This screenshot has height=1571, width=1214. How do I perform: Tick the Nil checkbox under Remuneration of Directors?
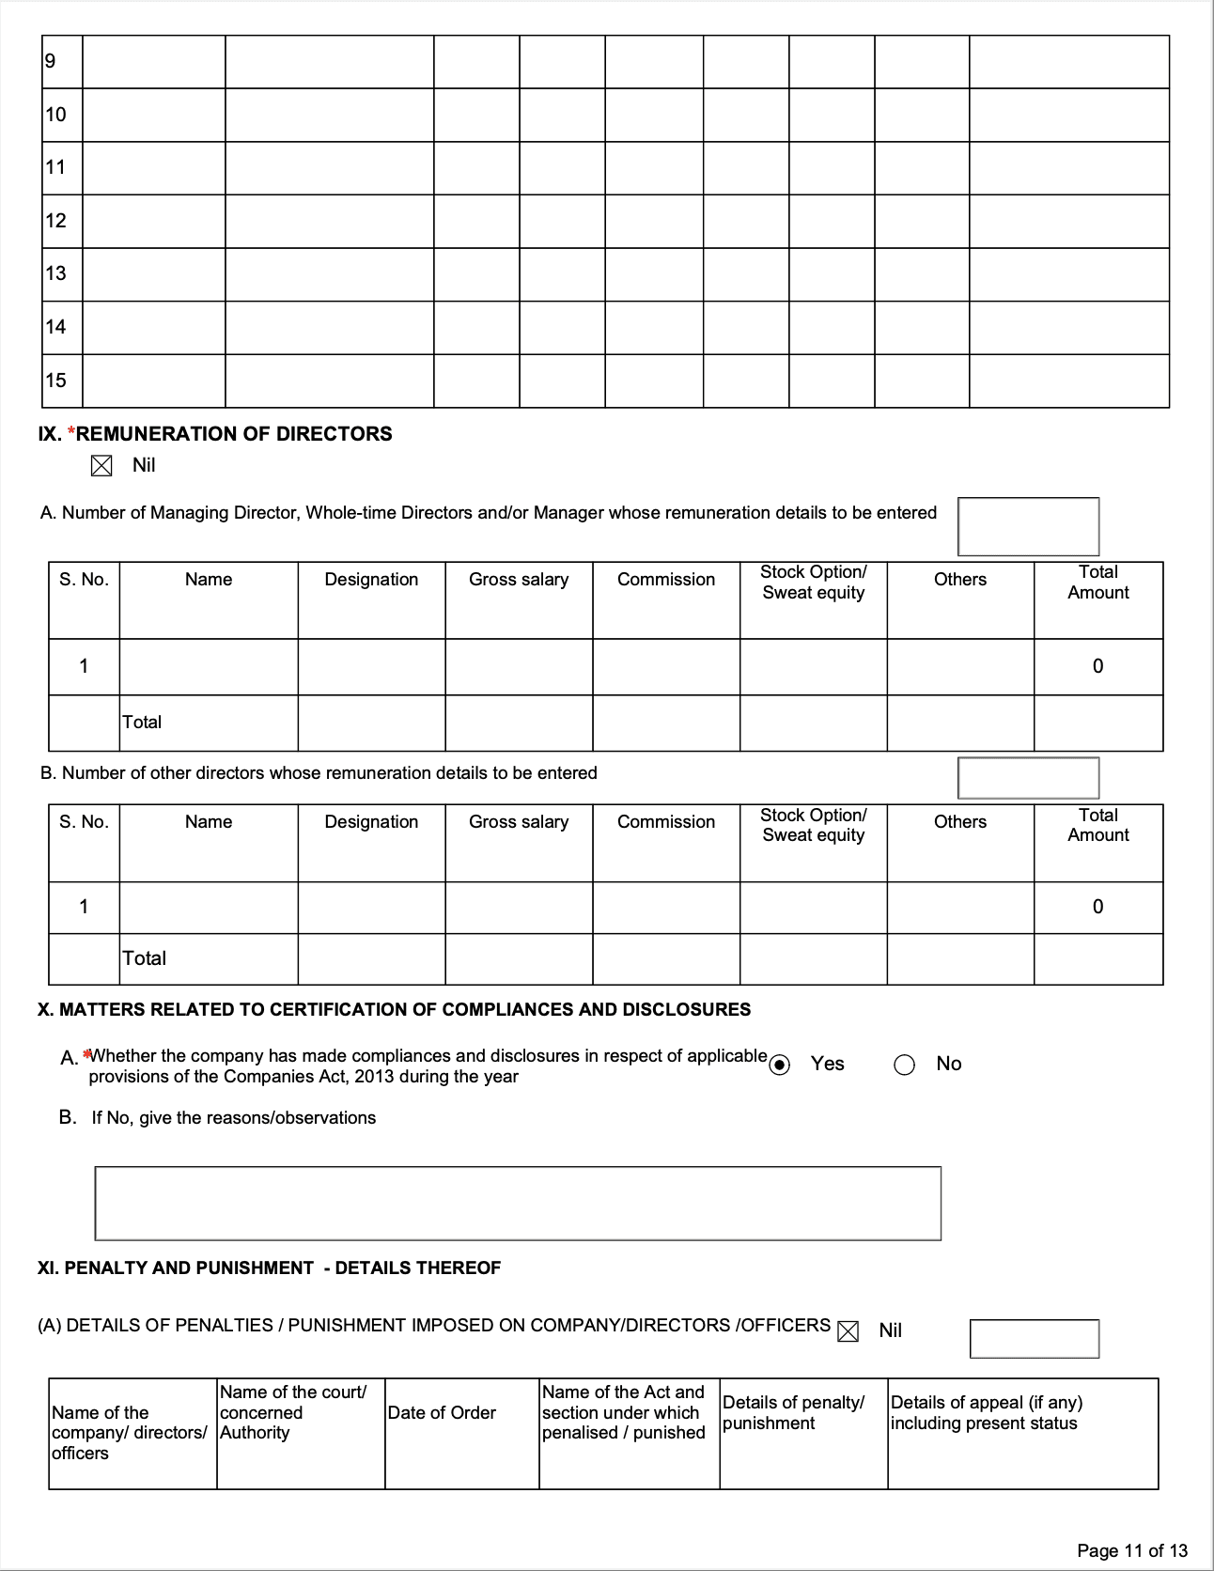click(101, 466)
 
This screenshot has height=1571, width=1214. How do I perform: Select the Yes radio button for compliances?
click(780, 1065)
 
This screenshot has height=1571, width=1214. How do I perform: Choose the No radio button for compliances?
click(904, 1065)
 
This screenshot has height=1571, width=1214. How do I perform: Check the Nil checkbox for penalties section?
click(848, 1331)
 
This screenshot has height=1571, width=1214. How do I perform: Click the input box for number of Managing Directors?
click(1028, 526)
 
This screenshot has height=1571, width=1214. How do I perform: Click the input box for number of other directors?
click(1028, 778)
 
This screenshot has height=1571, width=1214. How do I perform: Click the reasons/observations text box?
click(518, 1204)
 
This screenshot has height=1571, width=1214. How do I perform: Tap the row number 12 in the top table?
click(56, 221)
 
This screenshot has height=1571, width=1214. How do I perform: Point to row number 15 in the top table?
click(56, 381)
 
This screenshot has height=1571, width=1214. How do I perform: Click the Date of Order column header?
click(442, 1413)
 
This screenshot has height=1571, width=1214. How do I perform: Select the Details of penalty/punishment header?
click(794, 1413)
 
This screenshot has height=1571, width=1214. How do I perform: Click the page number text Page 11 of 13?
click(1132, 1550)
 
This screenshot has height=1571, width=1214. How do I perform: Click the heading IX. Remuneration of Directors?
click(215, 434)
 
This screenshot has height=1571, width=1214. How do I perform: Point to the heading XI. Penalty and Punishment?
click(269, 1268)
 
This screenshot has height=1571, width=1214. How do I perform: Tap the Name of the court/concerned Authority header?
click(292, 1412)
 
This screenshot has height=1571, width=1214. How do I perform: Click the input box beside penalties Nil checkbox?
click(1034, 1339)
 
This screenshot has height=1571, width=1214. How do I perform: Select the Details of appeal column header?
click(987, 1413)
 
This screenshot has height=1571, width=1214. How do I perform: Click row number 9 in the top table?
click(51, 62)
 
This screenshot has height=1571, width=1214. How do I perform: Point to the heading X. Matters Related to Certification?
click(394, 1010)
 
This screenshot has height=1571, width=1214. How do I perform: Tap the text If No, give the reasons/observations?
click(233, 1118)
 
